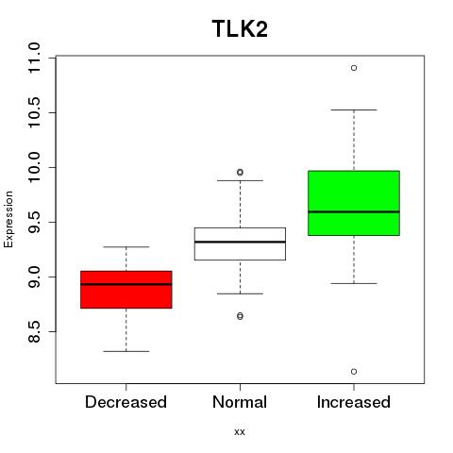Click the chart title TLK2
pos(240,28)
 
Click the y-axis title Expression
pos(8,219)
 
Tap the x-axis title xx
pos(240,431)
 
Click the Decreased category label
pos(126,402)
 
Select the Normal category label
pos(240,402)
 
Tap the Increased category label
pos(354,402)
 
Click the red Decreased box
pos(126,290)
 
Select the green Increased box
pos(354,203)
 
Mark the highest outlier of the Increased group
pos(354,68)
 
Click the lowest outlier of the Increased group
pos(354,372)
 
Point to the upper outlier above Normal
pos(240,172)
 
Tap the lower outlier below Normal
pos(240,316)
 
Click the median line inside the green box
pos(354,211)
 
